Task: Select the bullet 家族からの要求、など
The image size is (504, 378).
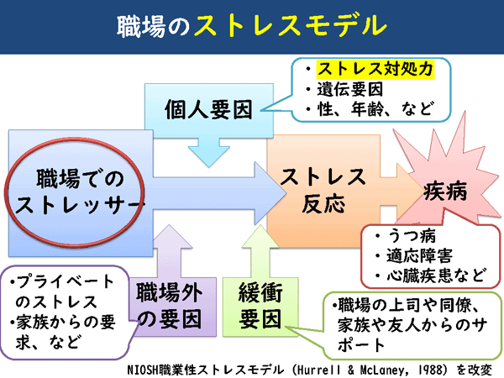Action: pyautogui.click(x=60, y=332)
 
